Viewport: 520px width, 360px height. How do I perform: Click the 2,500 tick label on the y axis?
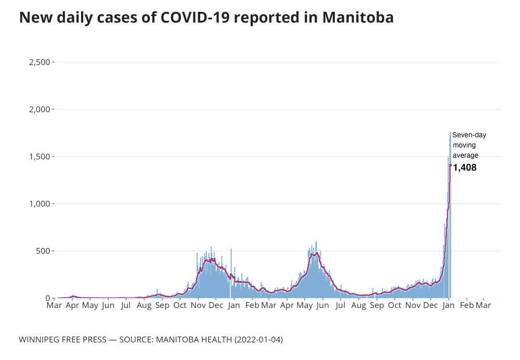(40, 62)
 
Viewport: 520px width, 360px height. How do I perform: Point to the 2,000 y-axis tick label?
(40, 110)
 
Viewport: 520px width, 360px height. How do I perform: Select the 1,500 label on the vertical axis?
(40, 157)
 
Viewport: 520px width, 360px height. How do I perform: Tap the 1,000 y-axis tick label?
(40, 204)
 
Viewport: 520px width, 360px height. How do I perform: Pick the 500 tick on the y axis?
(43, 251)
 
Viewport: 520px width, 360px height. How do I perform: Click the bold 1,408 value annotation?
(465, 168)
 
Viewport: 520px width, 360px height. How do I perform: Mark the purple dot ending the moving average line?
(450, 165)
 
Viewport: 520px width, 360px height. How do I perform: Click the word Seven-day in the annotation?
(469, 135)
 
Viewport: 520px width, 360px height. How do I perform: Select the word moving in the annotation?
(464, 145)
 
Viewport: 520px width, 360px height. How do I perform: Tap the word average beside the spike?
(465, 155)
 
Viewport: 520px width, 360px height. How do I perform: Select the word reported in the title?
(267, 17)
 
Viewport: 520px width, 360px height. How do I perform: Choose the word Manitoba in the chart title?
(358, 17)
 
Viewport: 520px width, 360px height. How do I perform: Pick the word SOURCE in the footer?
(138, 339)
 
